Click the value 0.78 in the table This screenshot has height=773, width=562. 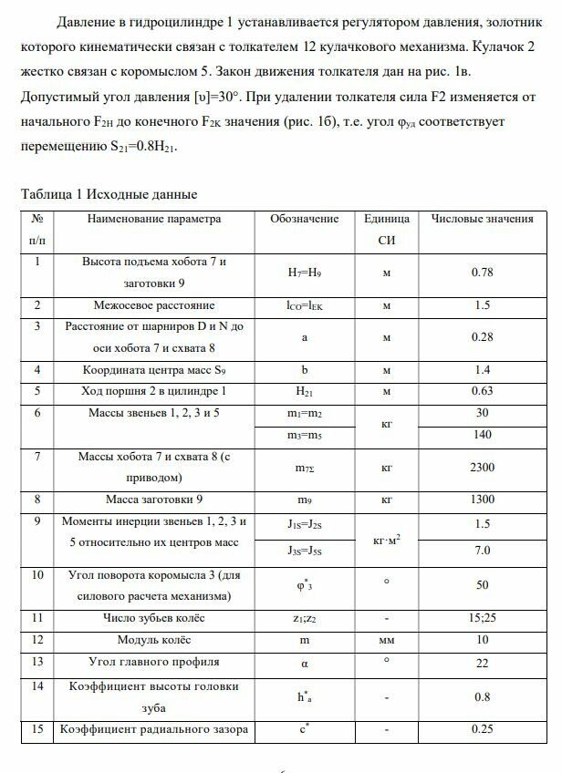click(x=483, y=273)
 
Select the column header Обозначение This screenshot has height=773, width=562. click(x=305, y=219)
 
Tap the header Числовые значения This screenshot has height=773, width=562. click(x=482, y=219)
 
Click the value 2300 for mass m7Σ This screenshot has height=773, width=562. click(x=483, y=468)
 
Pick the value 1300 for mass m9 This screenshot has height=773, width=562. click(x=483, y=500)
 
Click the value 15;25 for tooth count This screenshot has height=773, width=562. click(x=483, y=619)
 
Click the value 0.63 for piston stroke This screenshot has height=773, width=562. click(x=483, y=391)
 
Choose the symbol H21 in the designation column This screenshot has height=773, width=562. click(x=305, y=391)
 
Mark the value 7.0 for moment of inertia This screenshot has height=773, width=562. click(x=483, y=551)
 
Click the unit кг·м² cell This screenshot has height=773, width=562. click(x=387, y=538)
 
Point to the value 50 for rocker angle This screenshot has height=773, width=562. click(x=483, y=586)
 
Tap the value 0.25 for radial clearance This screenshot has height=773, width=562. click(x=483, y=730)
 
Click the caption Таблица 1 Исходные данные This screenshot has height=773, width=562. click(x=109, y=194)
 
